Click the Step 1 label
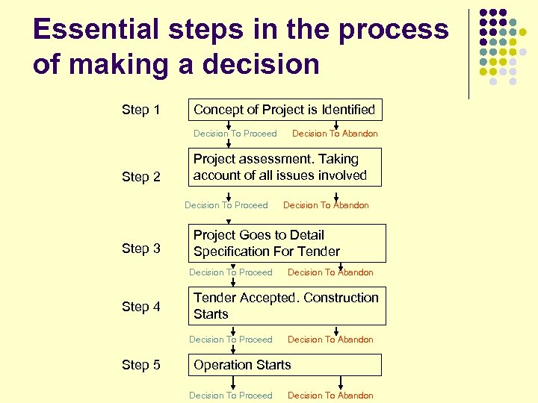140,110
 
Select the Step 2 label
140,177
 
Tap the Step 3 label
140,249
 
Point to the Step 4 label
140,306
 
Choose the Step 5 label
140,365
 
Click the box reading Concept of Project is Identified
285,110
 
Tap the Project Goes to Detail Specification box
286,243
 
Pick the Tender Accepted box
286,306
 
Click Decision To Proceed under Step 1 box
235,134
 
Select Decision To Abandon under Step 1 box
335,134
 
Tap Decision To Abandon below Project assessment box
326,205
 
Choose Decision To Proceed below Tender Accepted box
230,340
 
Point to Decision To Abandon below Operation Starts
330,396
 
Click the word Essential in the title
96,29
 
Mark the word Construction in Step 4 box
341,298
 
